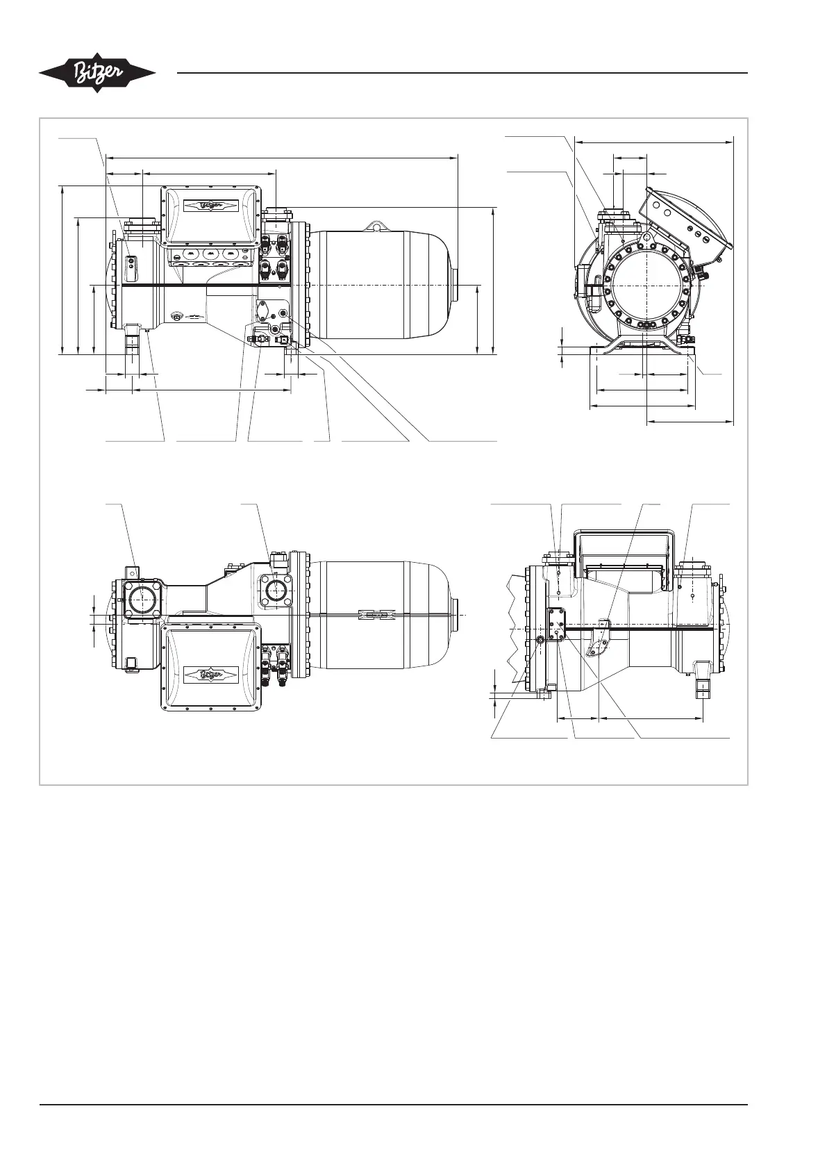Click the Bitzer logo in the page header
point(97,73)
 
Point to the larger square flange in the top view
point(142,600)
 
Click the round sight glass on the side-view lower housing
point(177,315)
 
